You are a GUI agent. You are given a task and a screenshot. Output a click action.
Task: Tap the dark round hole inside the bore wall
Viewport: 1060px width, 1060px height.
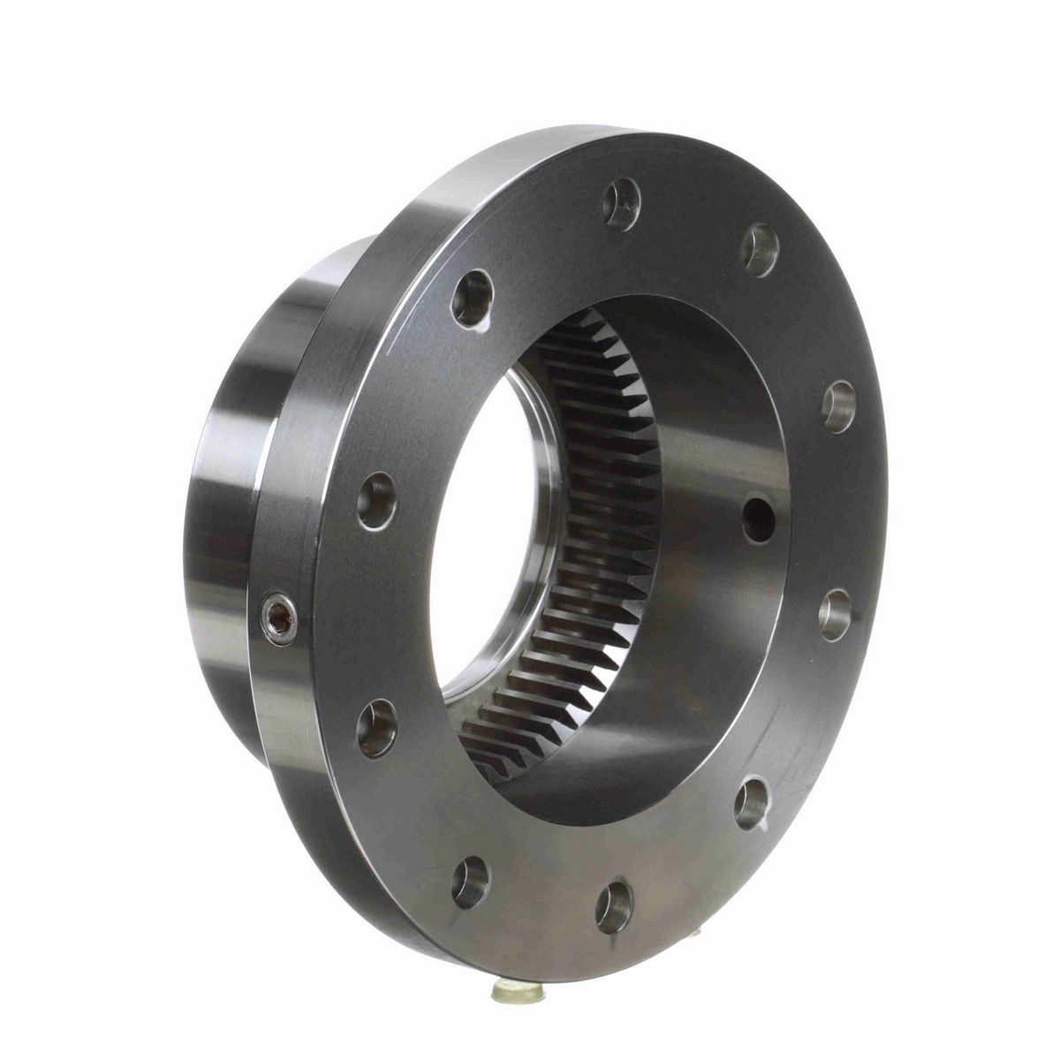point(758,520)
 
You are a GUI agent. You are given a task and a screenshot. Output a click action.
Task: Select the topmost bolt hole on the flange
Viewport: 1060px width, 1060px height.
point(622,204)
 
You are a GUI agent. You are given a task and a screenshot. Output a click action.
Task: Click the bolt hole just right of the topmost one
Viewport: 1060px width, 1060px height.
point(760,250)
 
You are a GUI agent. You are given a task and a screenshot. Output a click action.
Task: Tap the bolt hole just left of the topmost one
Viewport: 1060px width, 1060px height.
point(472,299)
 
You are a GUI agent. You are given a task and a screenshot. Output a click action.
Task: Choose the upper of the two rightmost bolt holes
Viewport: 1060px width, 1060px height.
point(838,405)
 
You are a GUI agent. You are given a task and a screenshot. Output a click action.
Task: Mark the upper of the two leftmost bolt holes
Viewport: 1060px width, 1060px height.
point(377,501)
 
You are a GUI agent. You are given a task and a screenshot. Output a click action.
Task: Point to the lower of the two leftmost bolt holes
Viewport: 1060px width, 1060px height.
point(377,727)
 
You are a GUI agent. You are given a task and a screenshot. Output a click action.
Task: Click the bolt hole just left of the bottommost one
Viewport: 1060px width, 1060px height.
point(470,882)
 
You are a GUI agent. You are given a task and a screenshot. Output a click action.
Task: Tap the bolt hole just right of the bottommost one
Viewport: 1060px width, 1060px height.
point(752,803)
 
